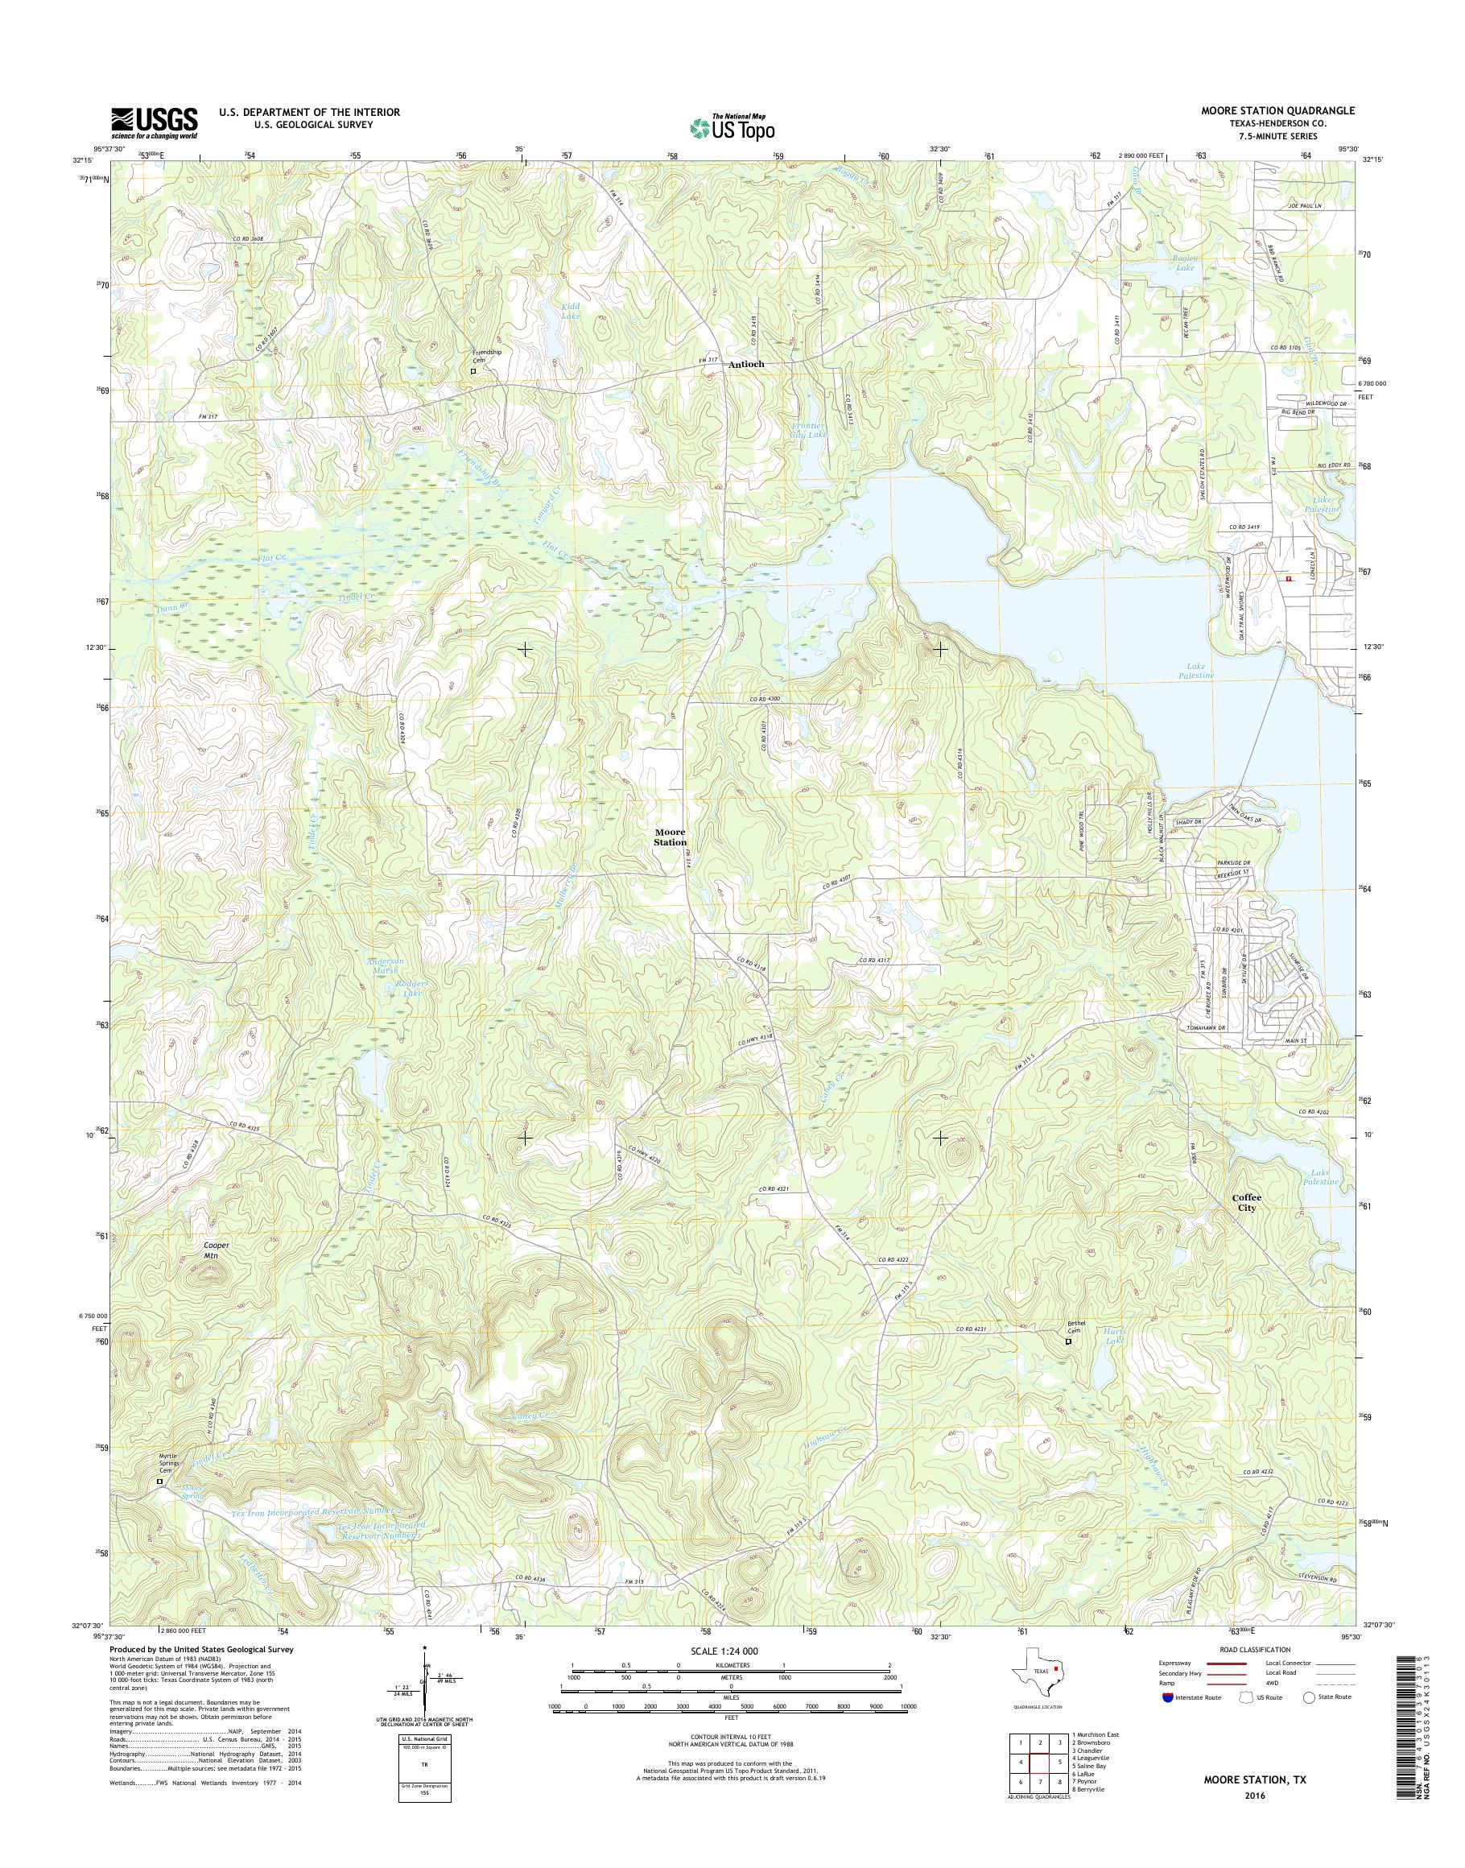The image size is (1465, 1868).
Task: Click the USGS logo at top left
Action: coord(155,122)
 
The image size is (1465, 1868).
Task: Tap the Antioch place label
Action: coord(745,365)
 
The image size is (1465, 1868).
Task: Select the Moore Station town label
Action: coord(671,837)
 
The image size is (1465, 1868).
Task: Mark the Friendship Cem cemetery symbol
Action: coord(473,371)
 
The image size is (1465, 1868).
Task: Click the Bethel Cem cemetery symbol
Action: coord(1069,1366)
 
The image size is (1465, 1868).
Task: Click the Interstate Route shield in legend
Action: coord(1167,1721)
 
